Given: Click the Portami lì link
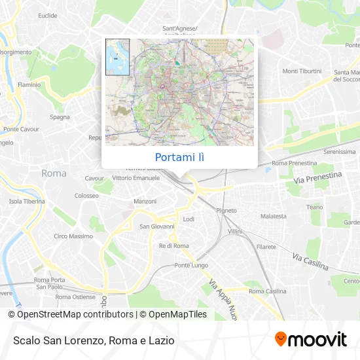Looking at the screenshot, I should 179,157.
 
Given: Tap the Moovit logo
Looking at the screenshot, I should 311,339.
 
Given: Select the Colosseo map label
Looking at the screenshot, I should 86,195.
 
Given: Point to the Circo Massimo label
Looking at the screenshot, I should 73,236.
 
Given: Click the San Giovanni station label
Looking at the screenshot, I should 157,226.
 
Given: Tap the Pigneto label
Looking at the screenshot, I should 226,211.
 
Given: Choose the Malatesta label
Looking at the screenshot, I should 273,216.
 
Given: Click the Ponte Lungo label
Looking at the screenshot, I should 190,265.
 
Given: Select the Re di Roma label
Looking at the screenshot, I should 173,245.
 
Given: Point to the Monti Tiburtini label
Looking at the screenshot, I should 302,71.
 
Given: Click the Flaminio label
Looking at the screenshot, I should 29,84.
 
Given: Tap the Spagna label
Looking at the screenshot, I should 60,117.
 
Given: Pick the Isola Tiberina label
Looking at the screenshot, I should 25,202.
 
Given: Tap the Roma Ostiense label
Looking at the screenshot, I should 75,297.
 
